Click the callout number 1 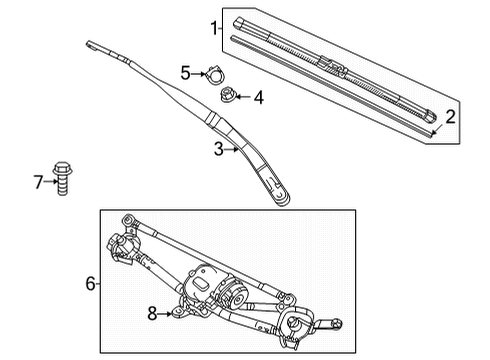(x=214, y=28)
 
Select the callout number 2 (x=450, y=117)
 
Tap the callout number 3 (x=219, y=149)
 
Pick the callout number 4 (x=259, y=97)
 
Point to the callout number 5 (x=186, y=73)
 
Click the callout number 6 (x=90, y=284)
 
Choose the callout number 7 (x=39, y=182)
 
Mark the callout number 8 (x=152, y=313)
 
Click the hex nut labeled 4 (x=228, y=94)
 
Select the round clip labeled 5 (x=215, y=75)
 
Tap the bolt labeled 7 (x=62, y=178)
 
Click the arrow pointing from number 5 (x=199, y=74)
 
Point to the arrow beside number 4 (x=243, y=97)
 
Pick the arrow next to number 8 (x=165, y=314)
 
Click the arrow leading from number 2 (x=436, y=129)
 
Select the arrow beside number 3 (x=231, y=150)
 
